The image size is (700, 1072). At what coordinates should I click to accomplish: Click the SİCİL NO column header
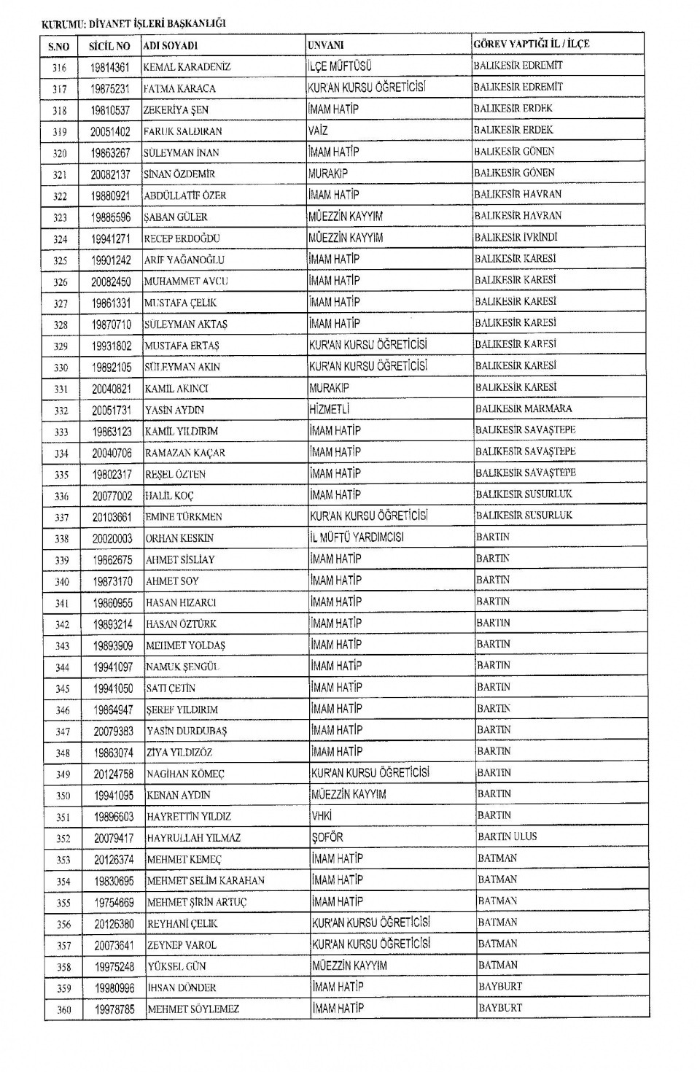tap(109, 46)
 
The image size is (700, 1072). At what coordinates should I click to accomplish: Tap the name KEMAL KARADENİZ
tap(187, 67)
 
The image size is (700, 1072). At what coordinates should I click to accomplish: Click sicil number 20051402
tap(110, 131)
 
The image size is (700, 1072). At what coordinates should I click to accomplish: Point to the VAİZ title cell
tap(318, 131)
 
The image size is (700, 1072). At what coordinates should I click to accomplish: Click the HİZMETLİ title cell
tap(330, 410)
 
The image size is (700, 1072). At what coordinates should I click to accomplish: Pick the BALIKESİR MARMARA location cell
tap(524, 408)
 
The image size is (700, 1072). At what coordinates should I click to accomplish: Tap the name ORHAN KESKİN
tap(180, 538)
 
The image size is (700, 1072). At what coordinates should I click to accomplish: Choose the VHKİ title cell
tap(322, 816)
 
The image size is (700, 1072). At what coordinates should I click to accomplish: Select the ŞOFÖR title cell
tap(327, 837)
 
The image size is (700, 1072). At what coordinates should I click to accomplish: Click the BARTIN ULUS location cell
tap(507, 836)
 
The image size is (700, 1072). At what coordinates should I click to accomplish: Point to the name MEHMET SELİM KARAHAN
tap(206, 881)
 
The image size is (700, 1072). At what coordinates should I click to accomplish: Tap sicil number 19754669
tap(114, 903)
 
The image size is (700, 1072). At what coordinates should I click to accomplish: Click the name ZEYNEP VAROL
tap(182, 945)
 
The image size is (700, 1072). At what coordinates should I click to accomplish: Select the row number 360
tap(63, 1010)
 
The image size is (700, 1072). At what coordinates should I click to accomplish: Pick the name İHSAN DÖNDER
tap(182, 988)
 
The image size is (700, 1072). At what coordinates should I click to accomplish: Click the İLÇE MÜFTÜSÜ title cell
tap(340, 66)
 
